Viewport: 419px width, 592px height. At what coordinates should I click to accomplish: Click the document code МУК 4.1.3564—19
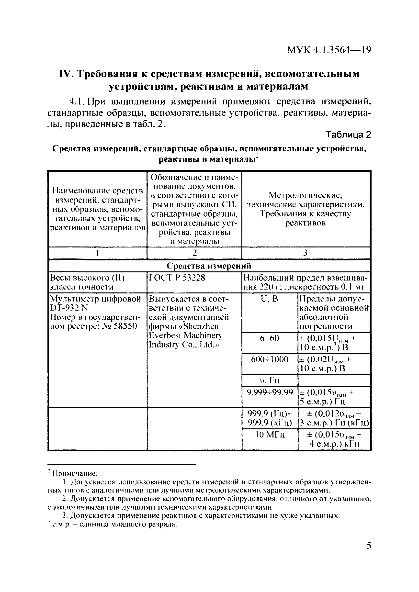pyautogui.click(x=329, y=50)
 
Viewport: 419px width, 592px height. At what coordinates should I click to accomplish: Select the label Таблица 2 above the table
pyautogui.click(x=348, y=134)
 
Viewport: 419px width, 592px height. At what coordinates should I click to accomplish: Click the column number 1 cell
pyautogui.click(x=98, y=253)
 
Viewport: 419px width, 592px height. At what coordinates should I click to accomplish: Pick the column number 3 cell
pyautogui.click(x=306, y=253)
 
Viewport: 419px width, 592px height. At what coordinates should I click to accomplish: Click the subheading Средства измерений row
pyautogui.click(x=209, y=266)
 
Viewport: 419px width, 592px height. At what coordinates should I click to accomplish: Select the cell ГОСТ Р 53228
pyautogui.click(x=177, y=278)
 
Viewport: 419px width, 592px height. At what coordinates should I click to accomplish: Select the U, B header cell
pyautogui.click(x=269, y=299)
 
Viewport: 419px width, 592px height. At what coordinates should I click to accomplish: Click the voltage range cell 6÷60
pyautogui.click(x=269, y=338)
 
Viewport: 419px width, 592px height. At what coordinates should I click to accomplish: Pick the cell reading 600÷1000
pyautogui.click(x=269, y=359)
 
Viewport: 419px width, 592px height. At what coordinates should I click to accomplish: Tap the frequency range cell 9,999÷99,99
pyautogui.click(x=270, y=392)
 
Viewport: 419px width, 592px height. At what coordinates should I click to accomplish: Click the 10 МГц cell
pyautogui.click(x=270, y=435)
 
